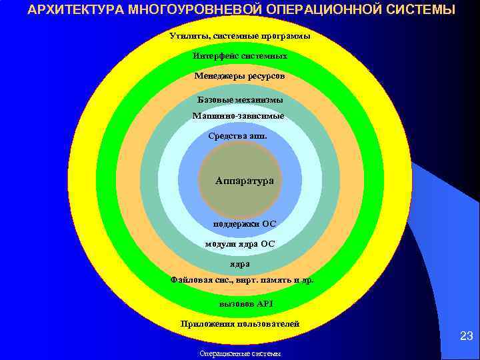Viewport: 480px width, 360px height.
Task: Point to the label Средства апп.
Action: pyautogui.click(x=237, y=136)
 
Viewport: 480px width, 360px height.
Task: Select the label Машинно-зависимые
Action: pyautogui.click(x=238, y=116)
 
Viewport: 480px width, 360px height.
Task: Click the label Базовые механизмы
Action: pyautogui.click(x=240, y=99)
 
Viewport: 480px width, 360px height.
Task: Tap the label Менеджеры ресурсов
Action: pyautogui.click(x=239, y=77)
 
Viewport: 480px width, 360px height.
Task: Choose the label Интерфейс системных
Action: pyautogui.click(x=240, y=56)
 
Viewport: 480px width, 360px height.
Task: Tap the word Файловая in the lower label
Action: pyautogui.click(x=193, y=280)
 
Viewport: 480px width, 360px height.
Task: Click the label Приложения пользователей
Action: pyautogui.click(x=240, y=324)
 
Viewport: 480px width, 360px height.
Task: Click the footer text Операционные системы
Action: pyautogui.click(x=240, y=354)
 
